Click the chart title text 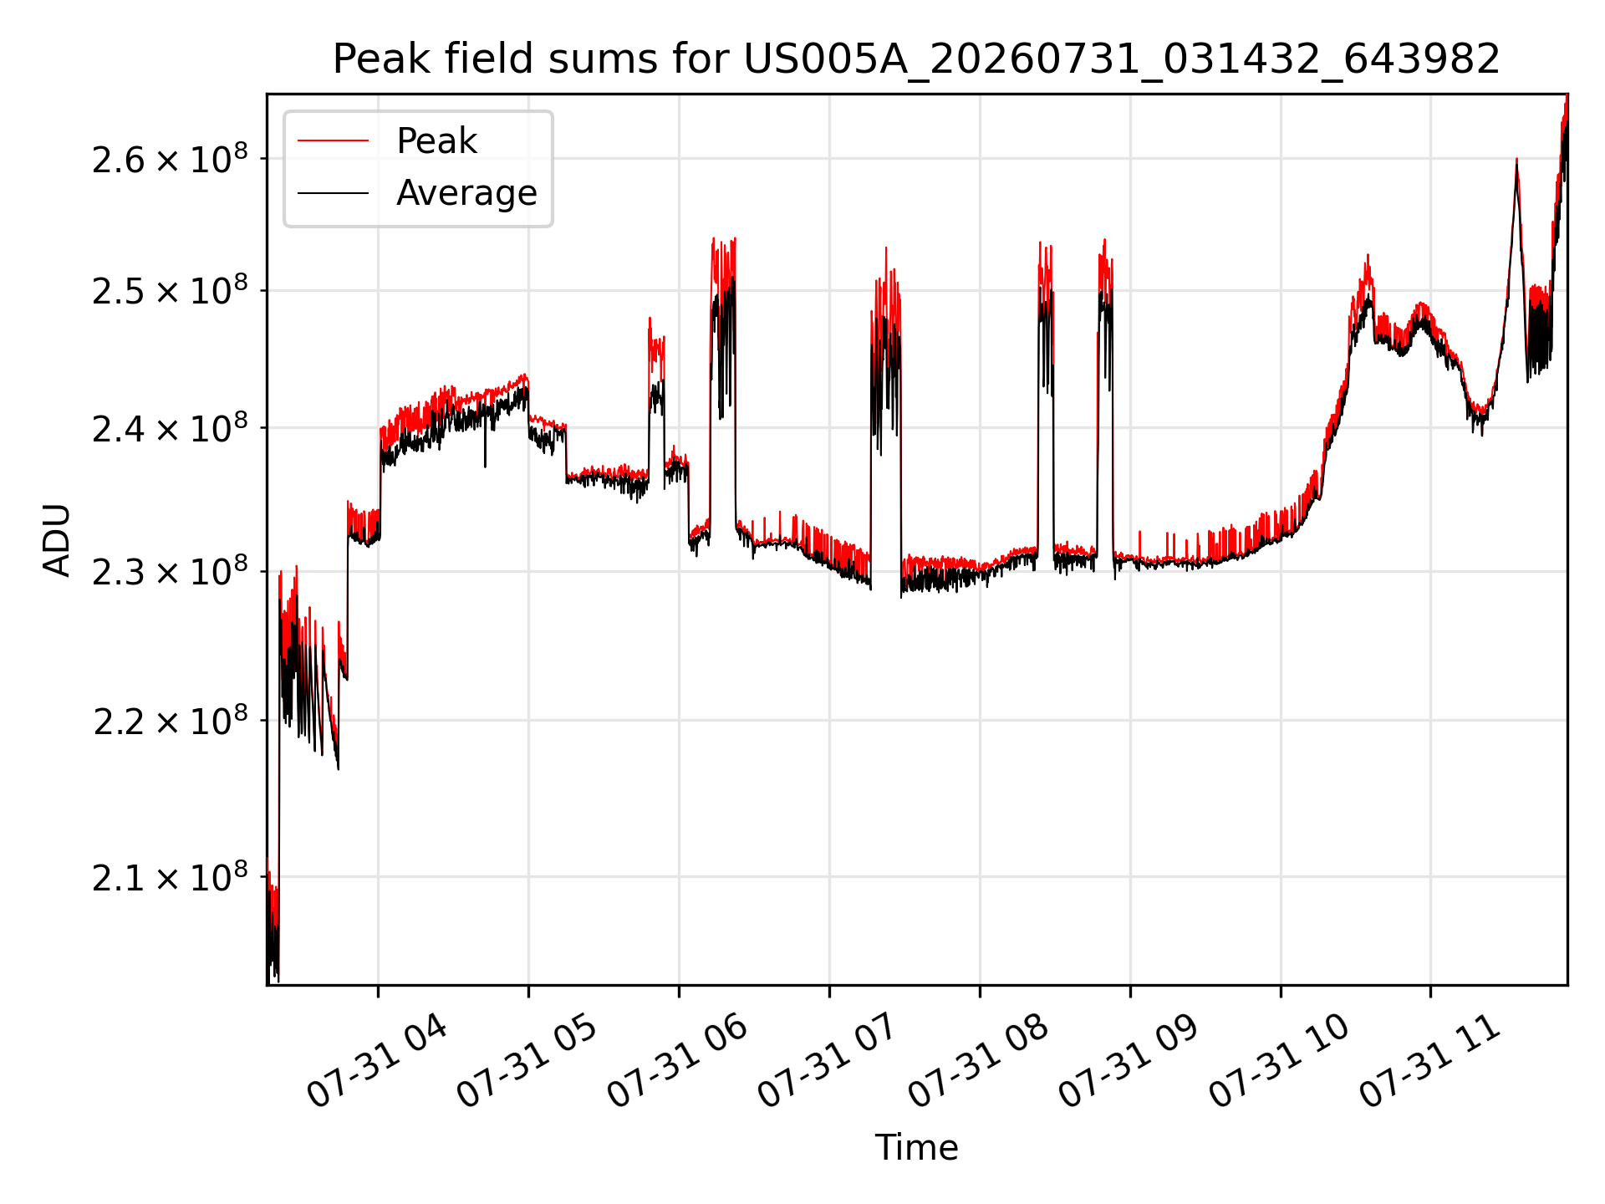916,59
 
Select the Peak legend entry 387,140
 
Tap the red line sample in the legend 333,140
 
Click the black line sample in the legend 333,193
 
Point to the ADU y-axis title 57,540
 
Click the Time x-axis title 916,1147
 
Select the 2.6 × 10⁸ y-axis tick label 171,158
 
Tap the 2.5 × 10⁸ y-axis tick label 171,290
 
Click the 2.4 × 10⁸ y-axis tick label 171,428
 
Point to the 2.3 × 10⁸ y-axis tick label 171,572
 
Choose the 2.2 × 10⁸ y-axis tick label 171,721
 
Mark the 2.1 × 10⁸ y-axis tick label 171,877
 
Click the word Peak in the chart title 375,59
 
